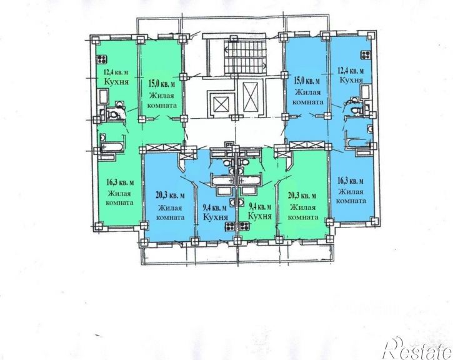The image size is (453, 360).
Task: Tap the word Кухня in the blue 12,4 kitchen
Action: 351,79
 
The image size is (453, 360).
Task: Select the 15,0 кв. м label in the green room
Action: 162,84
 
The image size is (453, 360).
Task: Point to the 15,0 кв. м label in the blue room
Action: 307,81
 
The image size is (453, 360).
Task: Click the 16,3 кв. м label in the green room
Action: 120,182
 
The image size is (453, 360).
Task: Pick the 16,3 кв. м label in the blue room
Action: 351,181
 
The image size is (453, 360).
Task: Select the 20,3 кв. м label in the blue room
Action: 170,196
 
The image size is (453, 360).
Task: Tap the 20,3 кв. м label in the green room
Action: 302,196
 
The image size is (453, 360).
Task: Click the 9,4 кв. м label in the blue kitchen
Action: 214,207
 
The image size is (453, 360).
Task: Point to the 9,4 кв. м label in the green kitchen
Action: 260,207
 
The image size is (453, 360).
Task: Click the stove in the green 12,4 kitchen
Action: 102,59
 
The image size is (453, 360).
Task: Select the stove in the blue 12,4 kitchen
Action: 366,55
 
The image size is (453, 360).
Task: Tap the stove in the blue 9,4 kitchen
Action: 231,226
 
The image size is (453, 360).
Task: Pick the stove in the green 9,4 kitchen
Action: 244,226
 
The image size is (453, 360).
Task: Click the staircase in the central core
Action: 245,57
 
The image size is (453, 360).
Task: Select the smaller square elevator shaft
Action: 222,103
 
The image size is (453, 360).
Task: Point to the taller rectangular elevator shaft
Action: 250,97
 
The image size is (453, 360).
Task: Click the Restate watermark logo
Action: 417,348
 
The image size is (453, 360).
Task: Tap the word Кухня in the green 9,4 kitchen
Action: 260,216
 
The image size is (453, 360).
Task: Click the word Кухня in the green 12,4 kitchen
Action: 116,81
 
